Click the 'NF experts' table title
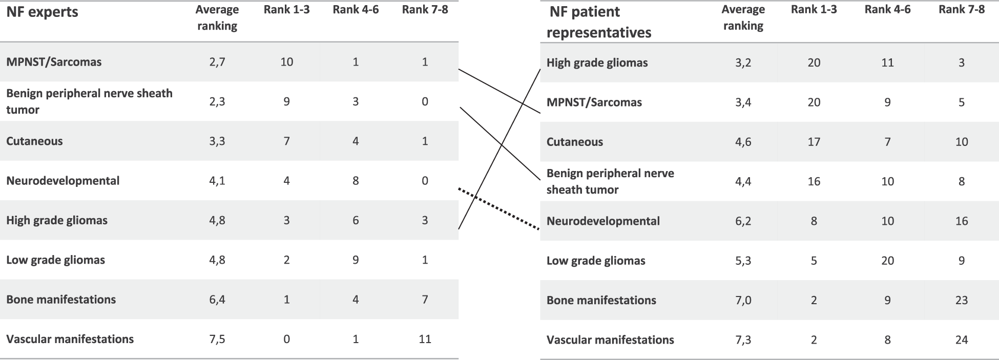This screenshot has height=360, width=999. (42, 12)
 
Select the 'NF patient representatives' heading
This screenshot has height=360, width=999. (598, 22)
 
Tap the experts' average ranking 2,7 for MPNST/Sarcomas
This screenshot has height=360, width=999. (217, 62)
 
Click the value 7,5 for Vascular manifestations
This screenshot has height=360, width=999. (217, 339)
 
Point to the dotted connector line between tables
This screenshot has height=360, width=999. (500, 210)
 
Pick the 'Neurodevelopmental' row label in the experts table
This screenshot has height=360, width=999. (63, 181)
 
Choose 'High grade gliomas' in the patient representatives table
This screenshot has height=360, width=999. (597, 62)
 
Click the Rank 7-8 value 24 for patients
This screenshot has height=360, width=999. (961, 340)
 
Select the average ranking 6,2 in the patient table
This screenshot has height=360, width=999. (743, 221)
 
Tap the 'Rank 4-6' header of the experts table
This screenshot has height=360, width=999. (356, 10)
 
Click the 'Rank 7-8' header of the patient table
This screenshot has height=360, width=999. (961, 10)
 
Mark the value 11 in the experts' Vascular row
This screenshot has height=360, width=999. (425, 339)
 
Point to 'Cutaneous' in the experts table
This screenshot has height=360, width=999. (34, 141)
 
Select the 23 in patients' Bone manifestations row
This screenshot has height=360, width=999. (961, 301)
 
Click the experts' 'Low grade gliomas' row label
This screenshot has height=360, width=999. (55, 260)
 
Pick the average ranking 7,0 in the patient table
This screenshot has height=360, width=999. (743, 301)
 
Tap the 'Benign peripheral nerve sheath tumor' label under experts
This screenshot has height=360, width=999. (89, 101)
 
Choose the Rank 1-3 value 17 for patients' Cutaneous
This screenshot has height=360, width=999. (814, 142)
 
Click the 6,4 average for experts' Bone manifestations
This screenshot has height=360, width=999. (217, 300)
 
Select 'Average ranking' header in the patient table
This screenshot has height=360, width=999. (743, 17)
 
